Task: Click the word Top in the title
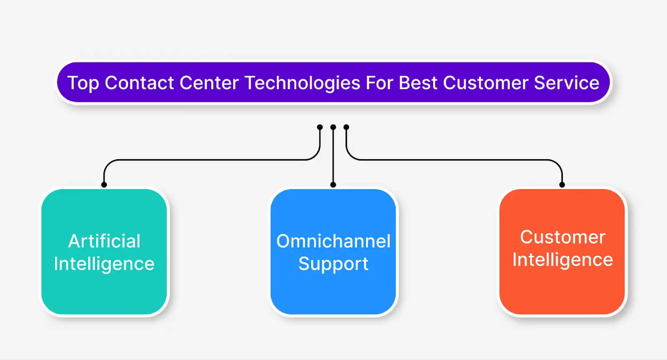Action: (83, 83)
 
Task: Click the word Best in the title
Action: (418, 83)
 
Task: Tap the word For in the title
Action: (379, 83)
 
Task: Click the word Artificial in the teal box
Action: (104, 241)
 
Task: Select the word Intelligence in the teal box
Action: (104, 264)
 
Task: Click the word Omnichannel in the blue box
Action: (333, 241)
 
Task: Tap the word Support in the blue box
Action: (333, 264)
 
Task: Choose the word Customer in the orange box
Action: (562, 237)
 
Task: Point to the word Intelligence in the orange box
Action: (562, 260)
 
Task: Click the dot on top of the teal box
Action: (104, 185)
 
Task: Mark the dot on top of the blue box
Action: (333, 185)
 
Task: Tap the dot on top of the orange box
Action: (562, 185)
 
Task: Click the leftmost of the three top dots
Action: (320, 127)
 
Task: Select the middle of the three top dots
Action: (333, 127)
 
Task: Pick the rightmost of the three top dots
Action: (346, 127)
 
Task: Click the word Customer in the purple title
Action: (486, 83)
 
